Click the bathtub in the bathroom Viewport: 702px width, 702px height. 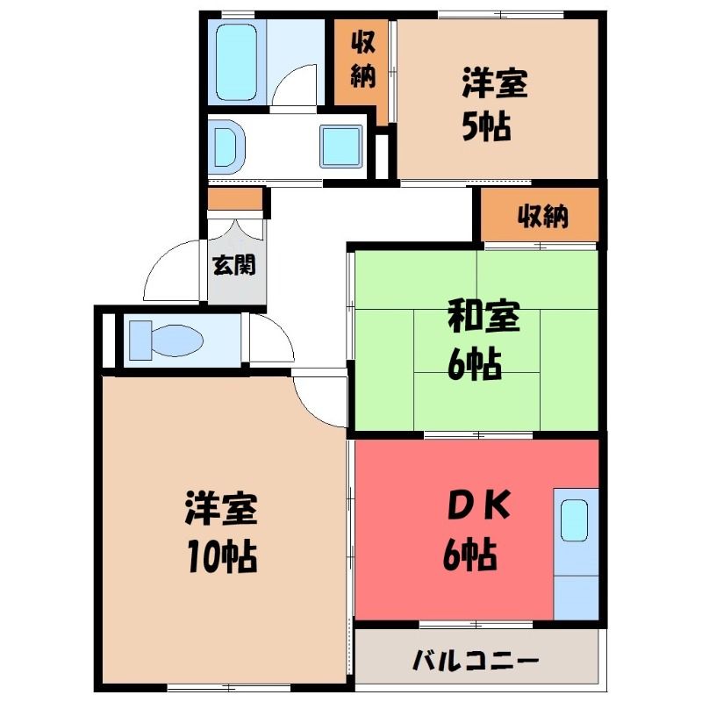236,61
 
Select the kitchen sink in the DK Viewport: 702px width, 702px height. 574,520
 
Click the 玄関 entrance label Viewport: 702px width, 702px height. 233,265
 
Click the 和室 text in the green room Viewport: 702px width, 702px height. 484,317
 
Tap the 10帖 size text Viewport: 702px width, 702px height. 222,556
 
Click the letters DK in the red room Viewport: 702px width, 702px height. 479,506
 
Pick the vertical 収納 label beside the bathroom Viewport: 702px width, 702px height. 362,60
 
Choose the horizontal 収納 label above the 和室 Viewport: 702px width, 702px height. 542,217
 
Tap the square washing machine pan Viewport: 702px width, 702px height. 341,146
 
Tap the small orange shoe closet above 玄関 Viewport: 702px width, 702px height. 235,199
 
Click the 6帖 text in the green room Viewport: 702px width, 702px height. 475,363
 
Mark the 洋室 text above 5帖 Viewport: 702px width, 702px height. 495,82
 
